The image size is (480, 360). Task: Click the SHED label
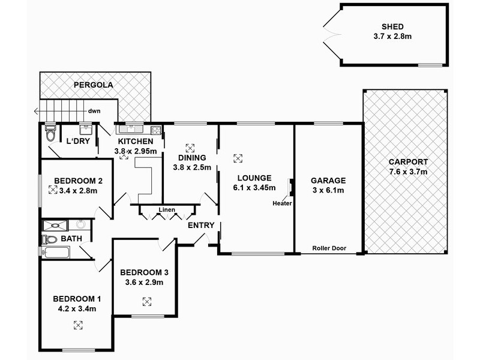tap(393, 26)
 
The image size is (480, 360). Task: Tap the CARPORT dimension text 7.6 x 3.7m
tap(407, 173)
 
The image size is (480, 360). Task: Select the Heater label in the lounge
tap(282, 203)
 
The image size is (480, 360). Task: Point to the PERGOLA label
tap(94, 85)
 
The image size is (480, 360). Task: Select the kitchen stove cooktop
tap(157, 129)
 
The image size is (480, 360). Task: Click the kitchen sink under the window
tap(130, 128)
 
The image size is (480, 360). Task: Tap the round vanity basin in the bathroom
tap(81, 225)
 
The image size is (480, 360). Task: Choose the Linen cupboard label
tap(167, 210)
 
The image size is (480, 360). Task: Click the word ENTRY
tap(200, 225)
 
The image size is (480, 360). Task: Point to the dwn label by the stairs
tap(94, 111)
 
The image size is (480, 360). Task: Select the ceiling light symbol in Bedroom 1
tap(77, 325)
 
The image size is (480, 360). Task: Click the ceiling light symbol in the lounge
tap(238, 158)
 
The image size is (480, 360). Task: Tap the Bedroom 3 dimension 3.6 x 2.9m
tap(142, 282)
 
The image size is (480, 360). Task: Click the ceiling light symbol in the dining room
tap(190, 148)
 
